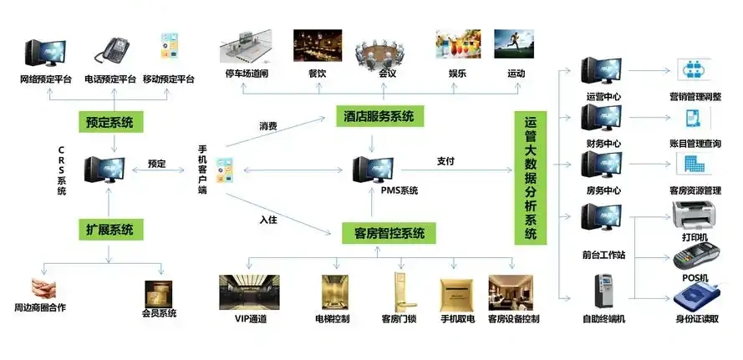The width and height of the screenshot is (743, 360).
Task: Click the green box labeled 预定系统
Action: pyautogui.click(x=110, y=123)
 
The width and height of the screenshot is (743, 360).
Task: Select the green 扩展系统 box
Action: pyautogui.click(x=110, y=229)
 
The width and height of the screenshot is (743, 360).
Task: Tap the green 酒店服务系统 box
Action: pyautogui.click(x=379, y=117)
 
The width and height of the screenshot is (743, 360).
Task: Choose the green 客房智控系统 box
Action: pyautogui.click(x=389, y=233)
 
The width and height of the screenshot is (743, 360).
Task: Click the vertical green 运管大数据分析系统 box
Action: pyautogui.click(x=530, y=180)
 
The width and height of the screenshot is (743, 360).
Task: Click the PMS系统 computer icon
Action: pyautogui.click(x=373, y=170)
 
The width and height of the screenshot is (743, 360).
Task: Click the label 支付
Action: pyautogui.click(x=445, y=161)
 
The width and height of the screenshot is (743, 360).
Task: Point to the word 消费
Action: pyautogui.click(x=268, y=127)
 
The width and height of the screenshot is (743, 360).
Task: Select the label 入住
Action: pyautogui.click(x=268, y=221)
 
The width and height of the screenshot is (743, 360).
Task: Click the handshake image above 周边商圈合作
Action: pyautogui.click(x=39, y=289)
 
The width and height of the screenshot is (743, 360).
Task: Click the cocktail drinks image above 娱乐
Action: pyautogui.click(x=457, y=48)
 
